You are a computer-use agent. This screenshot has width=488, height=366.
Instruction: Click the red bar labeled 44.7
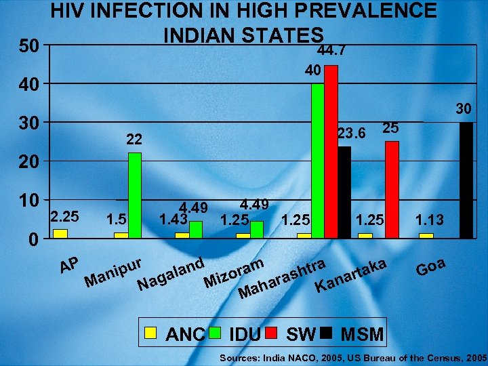click(x=331, y=151)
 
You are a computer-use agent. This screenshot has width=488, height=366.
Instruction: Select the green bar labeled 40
click(x=317, y=160)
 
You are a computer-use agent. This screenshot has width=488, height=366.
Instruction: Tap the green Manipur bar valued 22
click(x=135, y=195)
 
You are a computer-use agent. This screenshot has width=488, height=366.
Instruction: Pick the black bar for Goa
click(x=466, y=180)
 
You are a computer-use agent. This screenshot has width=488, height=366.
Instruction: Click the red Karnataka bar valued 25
click(x=392, y=189)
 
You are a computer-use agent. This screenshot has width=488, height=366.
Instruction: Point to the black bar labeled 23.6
click(x=344, y=192)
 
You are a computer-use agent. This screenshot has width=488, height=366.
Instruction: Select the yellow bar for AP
click(x=60, y=234)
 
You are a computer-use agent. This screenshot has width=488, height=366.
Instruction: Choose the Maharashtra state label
click(x=285, y=279)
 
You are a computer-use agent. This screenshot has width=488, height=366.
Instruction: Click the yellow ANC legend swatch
click(x=152, y=333)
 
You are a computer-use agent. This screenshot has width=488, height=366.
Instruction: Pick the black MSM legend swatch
click(x=326, y=333)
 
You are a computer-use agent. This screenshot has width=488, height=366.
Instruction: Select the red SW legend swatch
click(x=271, y=333)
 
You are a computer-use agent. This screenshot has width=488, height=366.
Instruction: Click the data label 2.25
click(x=64, y=217)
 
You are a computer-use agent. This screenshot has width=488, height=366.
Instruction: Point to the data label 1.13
click(x=430, y=218)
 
